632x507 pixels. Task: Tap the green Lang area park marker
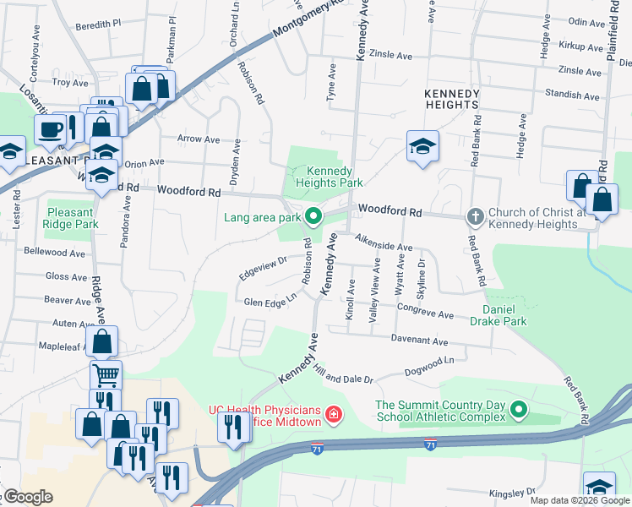click(313, 217)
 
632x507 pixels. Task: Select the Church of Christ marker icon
click(475, 217)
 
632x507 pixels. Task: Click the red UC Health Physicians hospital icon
click(335, 415)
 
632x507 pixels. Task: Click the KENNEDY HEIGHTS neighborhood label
click(452, 99)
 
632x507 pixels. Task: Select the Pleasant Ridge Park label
click(73, 218)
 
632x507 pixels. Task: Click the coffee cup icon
click(50, 130)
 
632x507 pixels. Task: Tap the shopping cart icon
click(106, 375)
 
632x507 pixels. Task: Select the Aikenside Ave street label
click(383, 243)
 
